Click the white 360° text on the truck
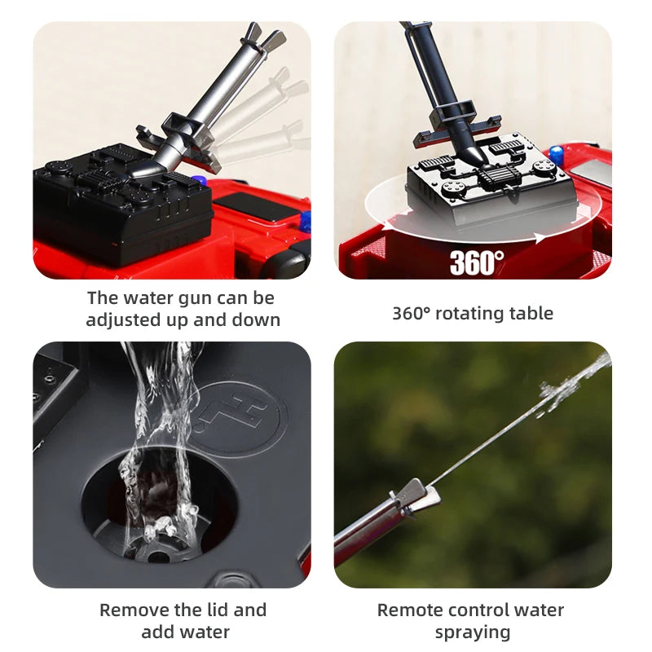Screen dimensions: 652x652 477,262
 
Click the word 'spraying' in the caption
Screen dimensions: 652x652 473,633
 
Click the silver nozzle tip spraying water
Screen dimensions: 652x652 415,496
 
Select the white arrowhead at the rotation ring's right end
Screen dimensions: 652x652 540,238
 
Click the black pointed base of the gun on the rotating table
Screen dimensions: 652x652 474,153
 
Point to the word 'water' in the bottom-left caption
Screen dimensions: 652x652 206,633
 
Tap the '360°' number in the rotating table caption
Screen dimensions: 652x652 412,313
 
